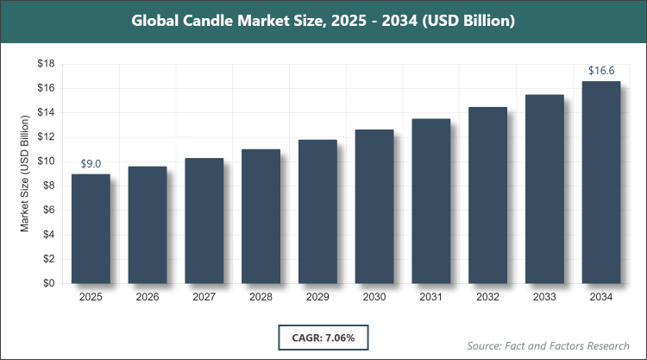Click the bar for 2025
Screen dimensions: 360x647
click(91, 229)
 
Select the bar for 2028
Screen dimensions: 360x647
click(261, 216)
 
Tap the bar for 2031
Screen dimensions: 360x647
click(430, 201)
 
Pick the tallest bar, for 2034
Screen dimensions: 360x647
click(601, 182)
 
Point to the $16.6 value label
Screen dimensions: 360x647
click(601, 72)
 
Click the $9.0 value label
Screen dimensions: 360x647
click(91, 164)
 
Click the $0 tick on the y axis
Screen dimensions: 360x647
click(50, 283)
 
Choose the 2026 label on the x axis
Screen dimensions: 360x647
click(148, 297)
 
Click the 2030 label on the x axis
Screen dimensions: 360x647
click(374, 297)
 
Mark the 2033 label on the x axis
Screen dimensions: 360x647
click(544, 297)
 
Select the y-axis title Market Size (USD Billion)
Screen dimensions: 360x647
click(26, 174)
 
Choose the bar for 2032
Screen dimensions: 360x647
click(487, 195)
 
